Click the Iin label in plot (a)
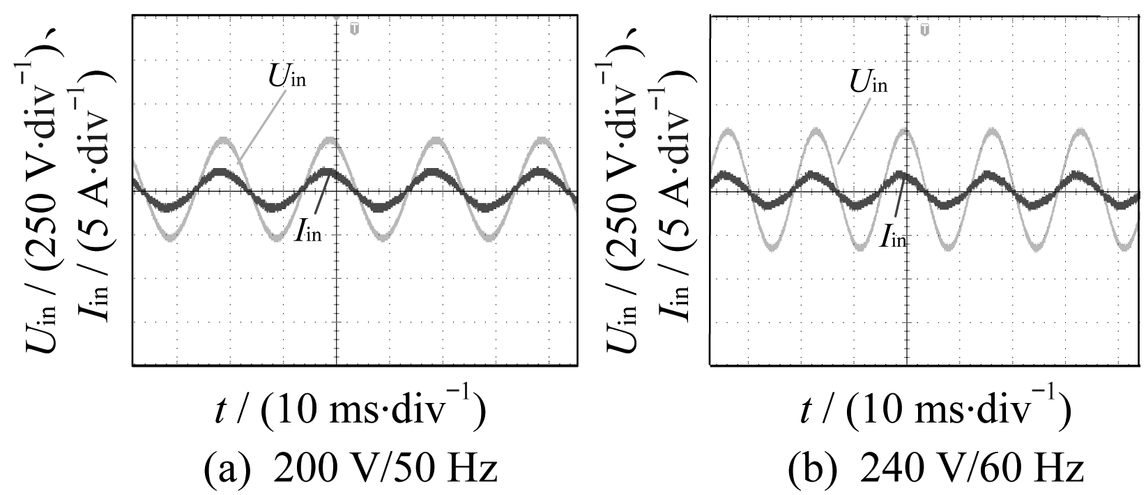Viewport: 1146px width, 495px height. (x=307, y=231)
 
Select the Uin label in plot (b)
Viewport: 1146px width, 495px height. (x=869, y=82)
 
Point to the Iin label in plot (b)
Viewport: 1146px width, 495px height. (x=893, y=237)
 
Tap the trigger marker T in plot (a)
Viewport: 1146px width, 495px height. (x=354, y=29)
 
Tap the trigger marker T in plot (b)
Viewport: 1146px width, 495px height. (x=924, y=29)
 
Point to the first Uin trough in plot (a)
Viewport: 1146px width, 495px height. (x=172, y=239)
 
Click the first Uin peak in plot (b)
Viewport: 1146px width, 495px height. (x=727, y=130)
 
